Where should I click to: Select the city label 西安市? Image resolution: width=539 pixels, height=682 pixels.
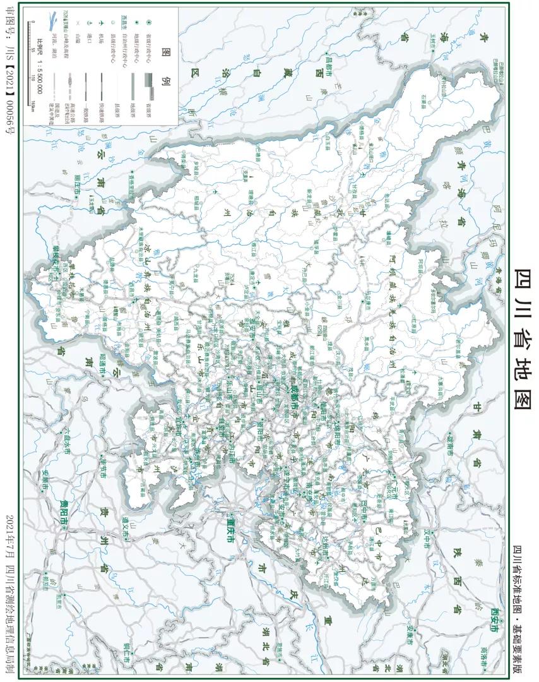[494, 619]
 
